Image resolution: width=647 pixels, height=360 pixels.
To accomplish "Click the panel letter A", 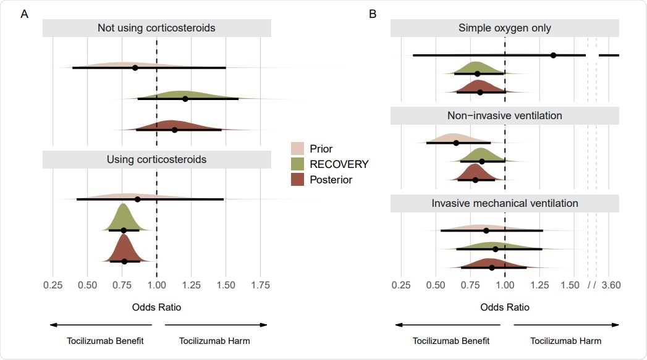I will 24,14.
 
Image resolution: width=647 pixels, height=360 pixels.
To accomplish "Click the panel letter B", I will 373,14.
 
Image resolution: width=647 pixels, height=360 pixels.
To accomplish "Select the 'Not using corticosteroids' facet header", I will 156,28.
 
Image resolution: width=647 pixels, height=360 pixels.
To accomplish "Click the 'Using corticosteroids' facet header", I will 156,159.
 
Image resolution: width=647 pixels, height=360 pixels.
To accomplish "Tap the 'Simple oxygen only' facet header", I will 505,28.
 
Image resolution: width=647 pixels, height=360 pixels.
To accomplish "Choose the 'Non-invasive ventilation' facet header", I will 505,115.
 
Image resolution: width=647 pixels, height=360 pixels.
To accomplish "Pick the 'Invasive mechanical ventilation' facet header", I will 505,203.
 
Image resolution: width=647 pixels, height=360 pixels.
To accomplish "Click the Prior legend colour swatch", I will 298,149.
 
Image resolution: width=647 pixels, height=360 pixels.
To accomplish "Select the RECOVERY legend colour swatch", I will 298,164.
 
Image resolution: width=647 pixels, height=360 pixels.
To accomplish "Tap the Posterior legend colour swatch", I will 298,180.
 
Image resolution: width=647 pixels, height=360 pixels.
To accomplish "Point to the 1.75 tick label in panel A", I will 260,285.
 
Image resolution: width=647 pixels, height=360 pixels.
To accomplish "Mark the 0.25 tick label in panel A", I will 53,285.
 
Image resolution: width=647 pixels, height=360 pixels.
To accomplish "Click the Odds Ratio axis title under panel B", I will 505,307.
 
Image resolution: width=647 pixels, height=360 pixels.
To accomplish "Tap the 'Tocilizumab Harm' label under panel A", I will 214,341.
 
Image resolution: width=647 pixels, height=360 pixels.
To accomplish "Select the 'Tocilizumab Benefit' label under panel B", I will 451,341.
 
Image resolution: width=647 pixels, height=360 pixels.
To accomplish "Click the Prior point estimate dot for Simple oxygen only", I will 553,56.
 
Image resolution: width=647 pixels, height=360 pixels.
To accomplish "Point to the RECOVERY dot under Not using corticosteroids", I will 185,99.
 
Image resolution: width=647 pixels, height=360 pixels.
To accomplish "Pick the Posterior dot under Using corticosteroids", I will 124,261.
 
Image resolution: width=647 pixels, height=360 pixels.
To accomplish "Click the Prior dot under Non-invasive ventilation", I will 456,143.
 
